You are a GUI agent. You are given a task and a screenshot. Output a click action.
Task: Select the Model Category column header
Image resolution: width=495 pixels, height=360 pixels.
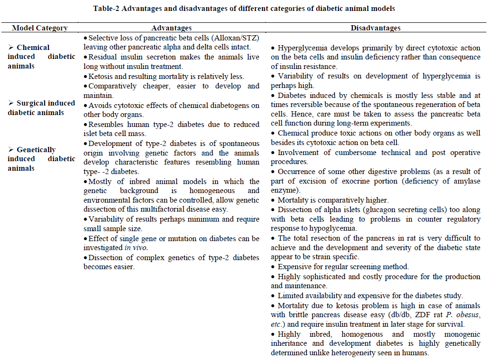click(40, 28)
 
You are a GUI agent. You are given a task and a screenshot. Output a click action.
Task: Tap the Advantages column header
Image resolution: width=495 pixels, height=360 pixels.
click(171, 28)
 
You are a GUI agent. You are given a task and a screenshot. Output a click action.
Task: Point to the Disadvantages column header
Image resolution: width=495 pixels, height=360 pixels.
click(376, 28)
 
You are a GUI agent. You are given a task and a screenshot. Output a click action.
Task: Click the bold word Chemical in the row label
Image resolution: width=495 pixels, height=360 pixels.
click(33, 47)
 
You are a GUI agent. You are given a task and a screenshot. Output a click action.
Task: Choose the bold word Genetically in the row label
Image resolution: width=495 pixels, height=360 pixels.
click(36, 149)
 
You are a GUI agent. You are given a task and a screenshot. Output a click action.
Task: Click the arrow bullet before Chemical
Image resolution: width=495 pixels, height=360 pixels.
click(11, 47)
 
